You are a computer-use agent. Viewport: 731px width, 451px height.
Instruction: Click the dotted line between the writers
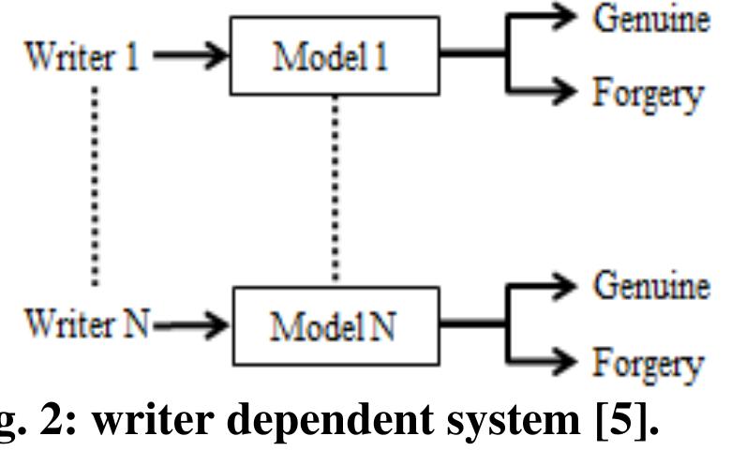(95, 188)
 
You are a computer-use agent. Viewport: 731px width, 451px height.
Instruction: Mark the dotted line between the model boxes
(336, 188)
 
